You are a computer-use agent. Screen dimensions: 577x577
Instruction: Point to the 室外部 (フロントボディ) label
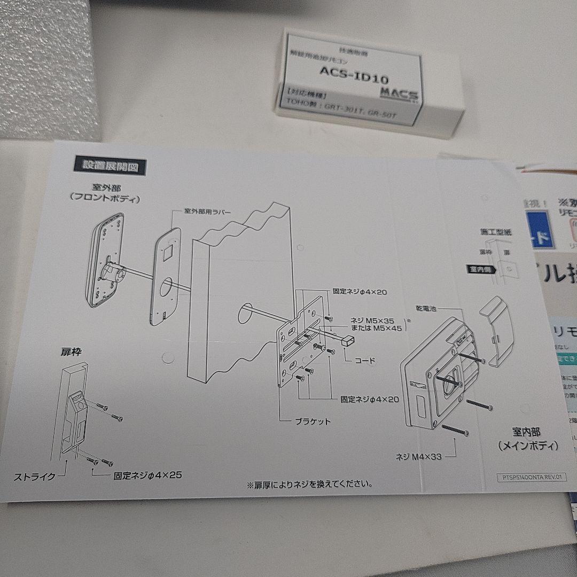105,193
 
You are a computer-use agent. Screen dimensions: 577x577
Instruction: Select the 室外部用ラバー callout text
208,212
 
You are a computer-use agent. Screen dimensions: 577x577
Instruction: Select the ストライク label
35,477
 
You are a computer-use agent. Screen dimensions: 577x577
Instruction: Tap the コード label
365,361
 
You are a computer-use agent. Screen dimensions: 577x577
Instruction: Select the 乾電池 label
426,309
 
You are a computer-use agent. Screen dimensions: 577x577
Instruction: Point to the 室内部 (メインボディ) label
527,438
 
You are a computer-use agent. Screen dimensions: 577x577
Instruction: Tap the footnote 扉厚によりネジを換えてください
309,485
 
